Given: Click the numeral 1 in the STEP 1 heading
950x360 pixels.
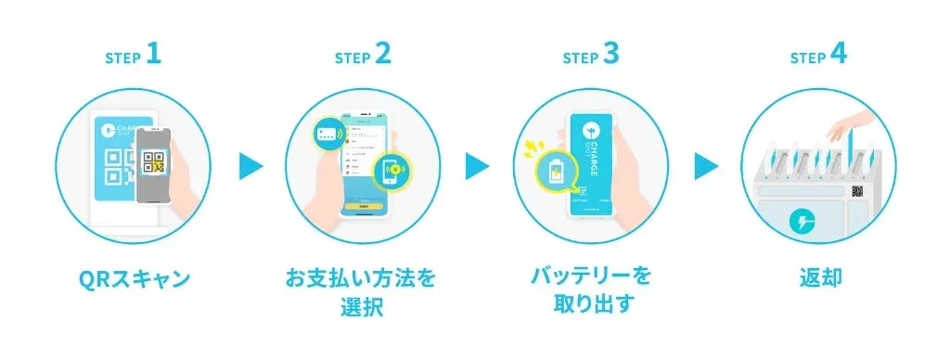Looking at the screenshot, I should (154, 55).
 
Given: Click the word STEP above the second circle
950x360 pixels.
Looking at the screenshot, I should (352, 58).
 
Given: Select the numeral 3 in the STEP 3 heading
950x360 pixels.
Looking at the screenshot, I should (610, 55).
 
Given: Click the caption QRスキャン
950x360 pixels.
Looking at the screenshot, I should (134, 278).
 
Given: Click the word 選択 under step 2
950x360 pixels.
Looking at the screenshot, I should (362, 307).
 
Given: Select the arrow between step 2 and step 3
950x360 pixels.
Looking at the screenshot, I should (477, 167).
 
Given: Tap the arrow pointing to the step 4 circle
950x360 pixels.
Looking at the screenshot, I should (706, 167).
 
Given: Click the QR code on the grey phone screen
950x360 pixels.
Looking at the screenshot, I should (154, 162).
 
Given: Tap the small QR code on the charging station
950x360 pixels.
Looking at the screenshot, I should (858, 190).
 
